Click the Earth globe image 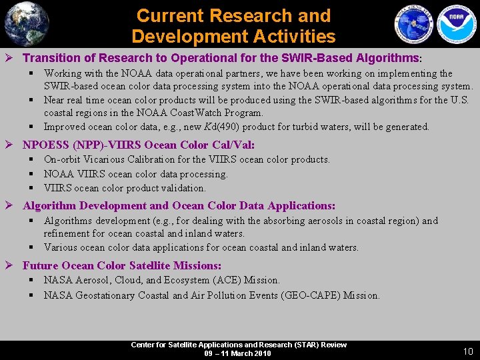27,23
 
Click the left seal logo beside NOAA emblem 414,24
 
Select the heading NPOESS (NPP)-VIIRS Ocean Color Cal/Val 139,145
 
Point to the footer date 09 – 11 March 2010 238,353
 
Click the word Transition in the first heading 51,58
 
